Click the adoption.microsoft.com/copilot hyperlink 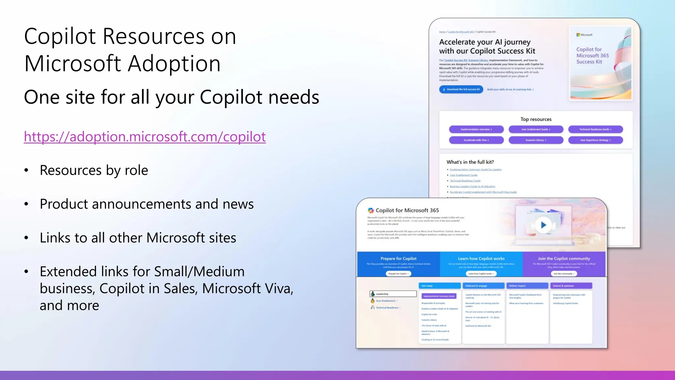(145, 137)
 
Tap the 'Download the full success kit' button (461, 89)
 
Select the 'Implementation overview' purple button (476, 129)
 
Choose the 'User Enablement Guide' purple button (536, 129)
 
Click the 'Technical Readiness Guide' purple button (595, 129)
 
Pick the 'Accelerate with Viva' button (476, 140)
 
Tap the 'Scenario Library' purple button (536, 140)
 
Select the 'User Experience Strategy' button (595, 140)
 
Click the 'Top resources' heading (536, 119)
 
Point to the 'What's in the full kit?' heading (470, 162)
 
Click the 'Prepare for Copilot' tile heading (398, 259)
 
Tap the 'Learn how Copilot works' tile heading (481, 259)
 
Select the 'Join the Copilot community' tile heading (564, 259)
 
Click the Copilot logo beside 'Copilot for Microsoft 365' (371, 210)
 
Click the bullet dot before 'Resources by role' (26, 171)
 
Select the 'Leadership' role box (393, 294)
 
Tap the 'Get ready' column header (439, 286)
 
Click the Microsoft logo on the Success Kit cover (578, 35)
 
